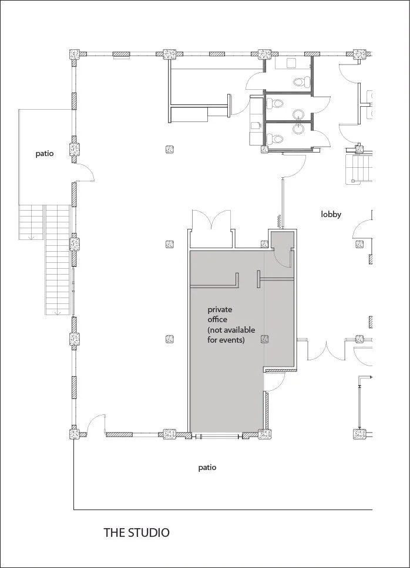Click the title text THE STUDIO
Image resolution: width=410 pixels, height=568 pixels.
(x=136, y=533)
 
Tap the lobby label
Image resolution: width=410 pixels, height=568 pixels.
(x=331, y=214)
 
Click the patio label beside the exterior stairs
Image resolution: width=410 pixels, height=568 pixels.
(x=44, y=154)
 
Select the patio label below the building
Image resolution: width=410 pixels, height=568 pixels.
(x=207, y=468)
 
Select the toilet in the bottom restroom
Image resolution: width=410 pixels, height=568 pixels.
(x=276, y=139)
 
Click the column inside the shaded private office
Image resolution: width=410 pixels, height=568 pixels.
(x=264, y=339)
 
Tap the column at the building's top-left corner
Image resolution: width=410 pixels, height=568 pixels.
(x=75, y=54)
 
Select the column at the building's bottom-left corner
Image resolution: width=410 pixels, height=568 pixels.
(x=75, y=434)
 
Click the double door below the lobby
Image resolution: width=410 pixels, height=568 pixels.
(x=322, y=350)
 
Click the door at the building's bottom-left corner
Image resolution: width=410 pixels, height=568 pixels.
(x=97, y=425)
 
